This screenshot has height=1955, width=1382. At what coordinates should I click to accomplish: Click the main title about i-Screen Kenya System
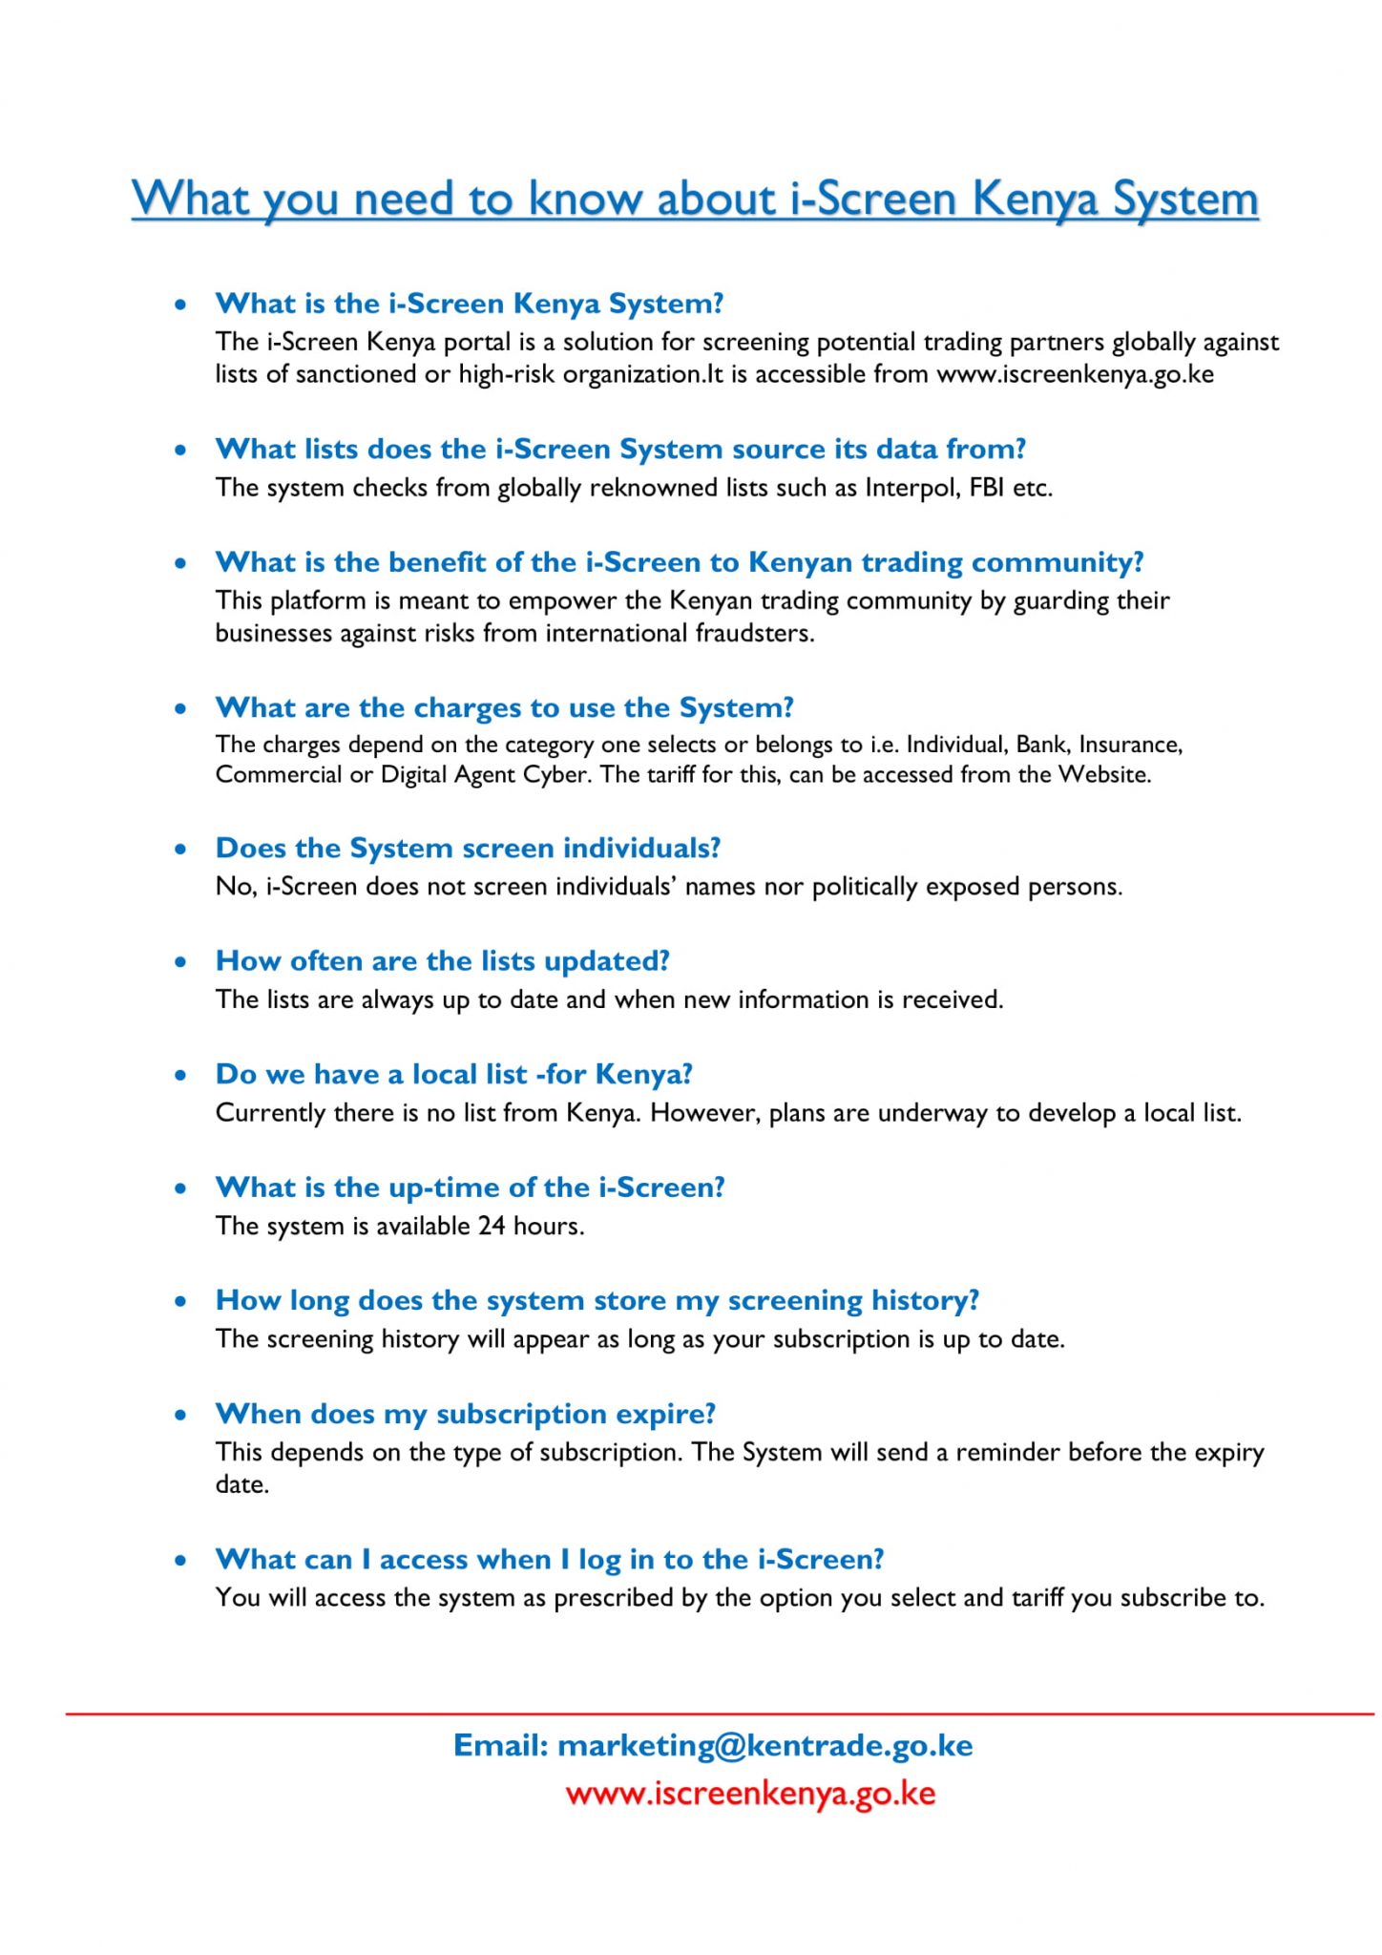[695, 199]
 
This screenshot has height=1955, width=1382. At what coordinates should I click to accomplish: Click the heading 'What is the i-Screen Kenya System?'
[470, 304]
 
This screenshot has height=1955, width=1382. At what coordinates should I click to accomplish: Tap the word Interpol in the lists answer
[900, 488]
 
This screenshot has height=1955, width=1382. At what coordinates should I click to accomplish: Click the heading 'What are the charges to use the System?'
[505, 707]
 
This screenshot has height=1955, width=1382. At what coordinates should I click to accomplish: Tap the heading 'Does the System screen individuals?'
[468, 848]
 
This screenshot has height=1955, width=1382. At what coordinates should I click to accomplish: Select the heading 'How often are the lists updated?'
[443, 960]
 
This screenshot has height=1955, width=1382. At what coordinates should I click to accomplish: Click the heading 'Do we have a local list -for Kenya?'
[453, 1074]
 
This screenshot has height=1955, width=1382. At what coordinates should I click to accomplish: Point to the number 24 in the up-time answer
[492, 1226]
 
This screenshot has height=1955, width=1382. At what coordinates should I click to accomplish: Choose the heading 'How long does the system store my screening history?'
[597, 1300]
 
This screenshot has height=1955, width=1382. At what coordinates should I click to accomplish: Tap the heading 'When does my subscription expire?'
[466, 1413]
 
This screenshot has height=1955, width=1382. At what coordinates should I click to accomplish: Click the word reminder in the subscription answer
[1008, 1452]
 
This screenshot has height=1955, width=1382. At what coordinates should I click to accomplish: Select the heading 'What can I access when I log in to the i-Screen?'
[550, 1559]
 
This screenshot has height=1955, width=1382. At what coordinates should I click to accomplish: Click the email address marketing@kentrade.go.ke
[764, 1745]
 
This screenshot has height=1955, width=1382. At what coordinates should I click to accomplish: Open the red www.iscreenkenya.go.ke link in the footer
[750, 1793]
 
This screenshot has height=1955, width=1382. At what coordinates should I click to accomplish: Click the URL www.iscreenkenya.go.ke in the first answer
[1075, 374]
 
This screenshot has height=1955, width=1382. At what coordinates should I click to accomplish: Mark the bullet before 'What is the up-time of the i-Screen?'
[181, 1188]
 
